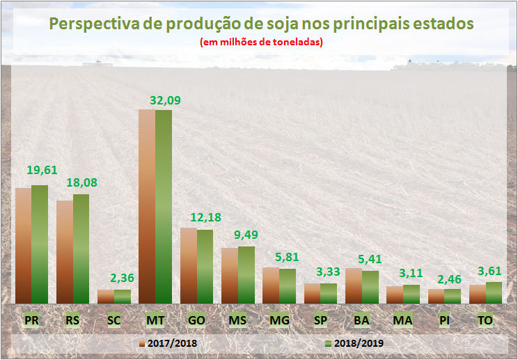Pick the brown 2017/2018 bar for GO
(188, 265)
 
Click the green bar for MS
(246, 274)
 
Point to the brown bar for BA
(353, 285)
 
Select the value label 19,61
(42, 169)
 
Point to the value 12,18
(206, 217)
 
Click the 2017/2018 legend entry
(168, 343)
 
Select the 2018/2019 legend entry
(354, 343)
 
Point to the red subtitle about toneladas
(262, 42)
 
